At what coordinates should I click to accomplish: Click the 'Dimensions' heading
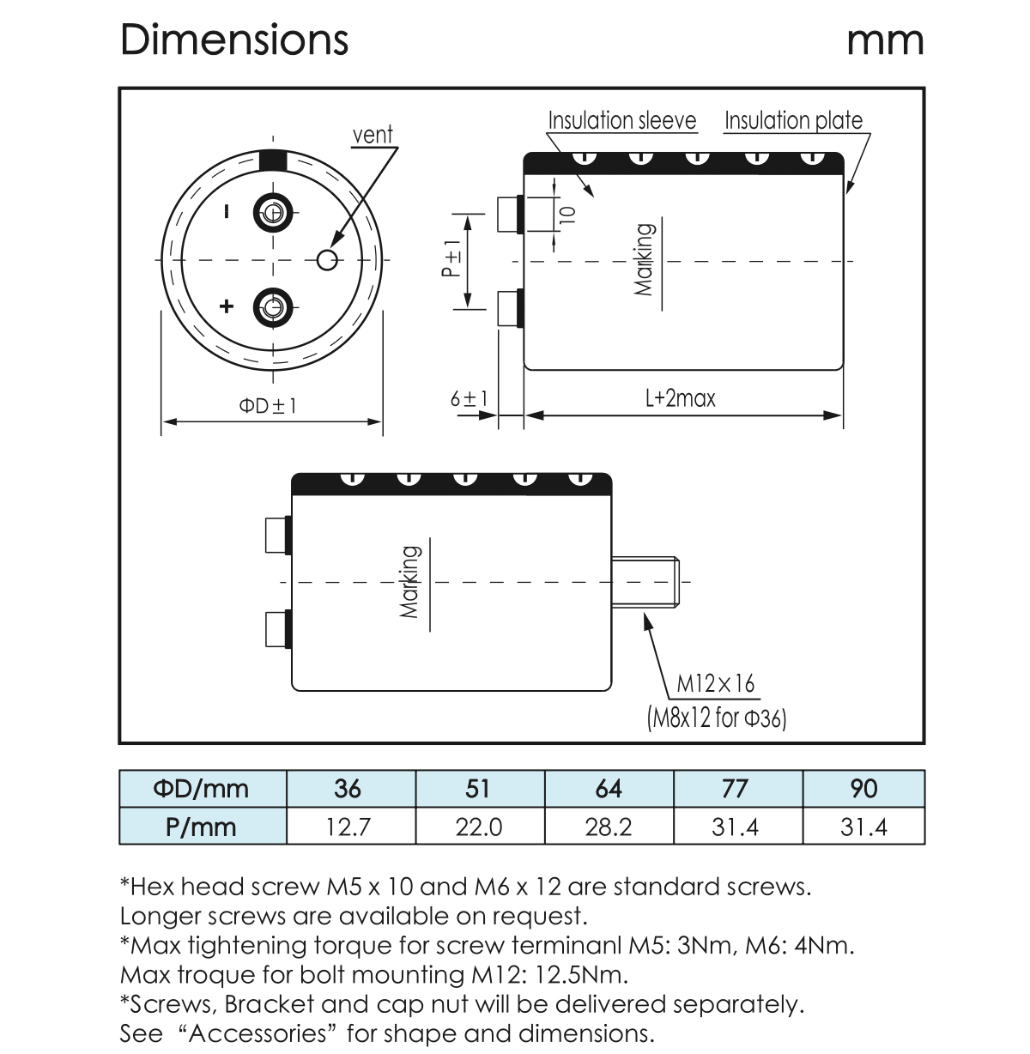click(234, 39)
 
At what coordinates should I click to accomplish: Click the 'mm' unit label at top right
click(885, 39)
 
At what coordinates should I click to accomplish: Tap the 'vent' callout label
click(373, 135)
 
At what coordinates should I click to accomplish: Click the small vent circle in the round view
click(327, 259)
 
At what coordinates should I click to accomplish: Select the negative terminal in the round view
click(273, 213)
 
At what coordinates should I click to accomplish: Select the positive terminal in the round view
click(273, 306)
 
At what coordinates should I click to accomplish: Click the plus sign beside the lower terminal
click(227, 306)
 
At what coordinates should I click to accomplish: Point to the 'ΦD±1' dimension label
click(268, 404)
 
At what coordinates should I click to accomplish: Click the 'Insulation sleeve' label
click(621, 121)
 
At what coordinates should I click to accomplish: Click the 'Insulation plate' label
click(793, 121)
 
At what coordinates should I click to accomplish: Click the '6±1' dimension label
click(469, 399)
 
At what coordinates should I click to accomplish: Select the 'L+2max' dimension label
click(680, 398)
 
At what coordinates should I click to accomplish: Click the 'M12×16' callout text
click(715, 684)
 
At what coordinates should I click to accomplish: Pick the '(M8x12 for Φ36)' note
click(716, 717)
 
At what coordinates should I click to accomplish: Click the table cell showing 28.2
click(608, 827)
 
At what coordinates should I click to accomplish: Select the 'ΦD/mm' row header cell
click(202, 789)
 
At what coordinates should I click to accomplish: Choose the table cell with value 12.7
click(349, 827)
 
